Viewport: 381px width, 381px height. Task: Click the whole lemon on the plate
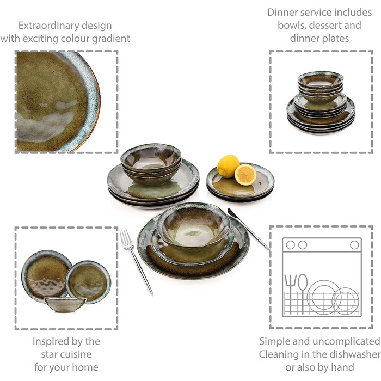click(228, 165)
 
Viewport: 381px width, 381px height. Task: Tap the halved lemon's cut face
click(246, 174)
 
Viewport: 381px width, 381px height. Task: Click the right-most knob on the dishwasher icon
click(354, 245)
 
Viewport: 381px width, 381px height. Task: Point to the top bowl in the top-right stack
click(321, 79)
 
